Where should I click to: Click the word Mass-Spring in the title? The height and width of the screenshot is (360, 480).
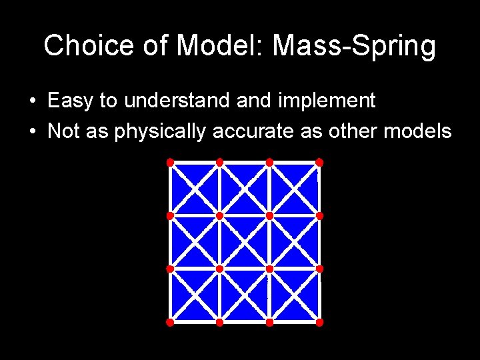354,47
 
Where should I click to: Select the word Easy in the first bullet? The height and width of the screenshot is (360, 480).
71,101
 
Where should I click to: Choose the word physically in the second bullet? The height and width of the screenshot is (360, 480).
161,131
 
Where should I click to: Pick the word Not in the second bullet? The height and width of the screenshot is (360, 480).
64,131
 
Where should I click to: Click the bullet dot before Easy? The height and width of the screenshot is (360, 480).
32,102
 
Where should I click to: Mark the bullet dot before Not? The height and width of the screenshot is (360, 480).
32,132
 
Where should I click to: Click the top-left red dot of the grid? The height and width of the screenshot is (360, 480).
170,162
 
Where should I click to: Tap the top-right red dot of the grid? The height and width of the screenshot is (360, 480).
319,162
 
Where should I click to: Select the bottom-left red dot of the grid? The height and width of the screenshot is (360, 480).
170,322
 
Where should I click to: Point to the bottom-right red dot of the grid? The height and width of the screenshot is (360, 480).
319,322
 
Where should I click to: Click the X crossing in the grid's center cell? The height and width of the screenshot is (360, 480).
245,242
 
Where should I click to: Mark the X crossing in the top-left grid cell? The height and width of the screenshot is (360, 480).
195,189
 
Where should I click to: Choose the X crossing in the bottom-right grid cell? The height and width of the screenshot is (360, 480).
295,295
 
